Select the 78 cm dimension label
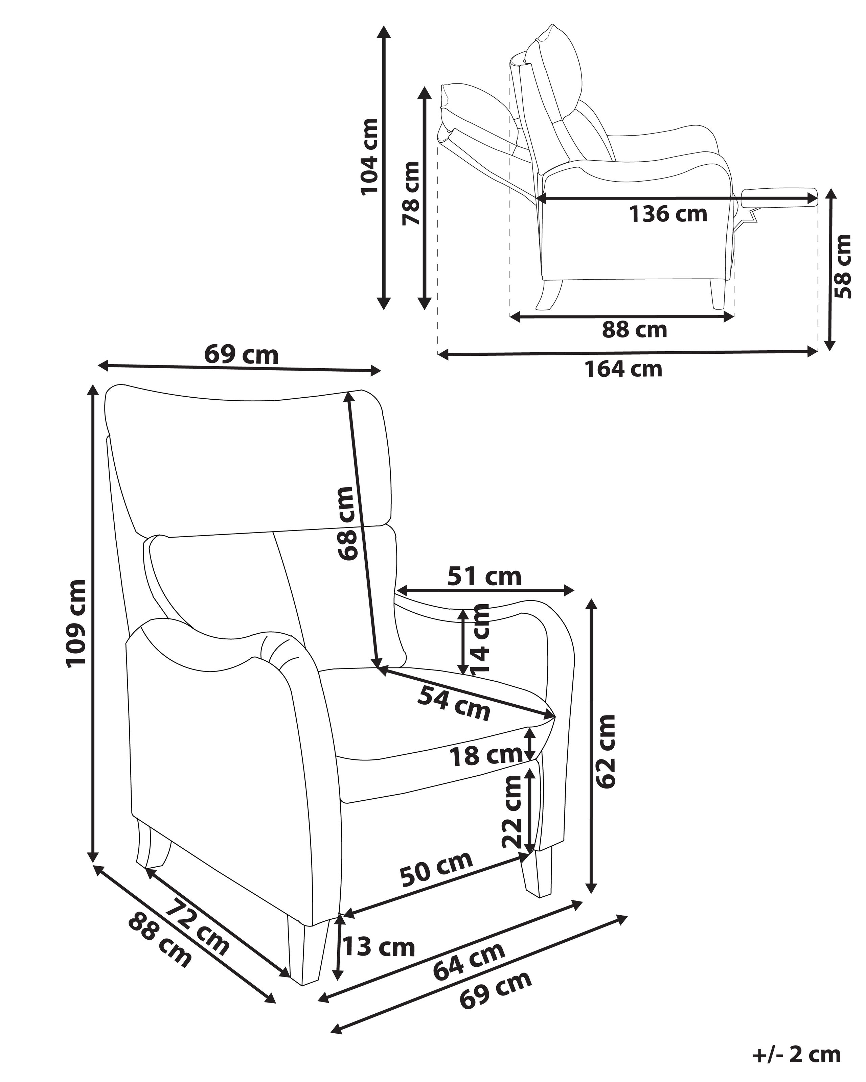click(x=411, y=193)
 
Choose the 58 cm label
click(x=843, y=266)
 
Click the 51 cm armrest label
click(x=484, y=577)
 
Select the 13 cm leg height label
click(x=379, y=947)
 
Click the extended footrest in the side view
click(x=778, y=197)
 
